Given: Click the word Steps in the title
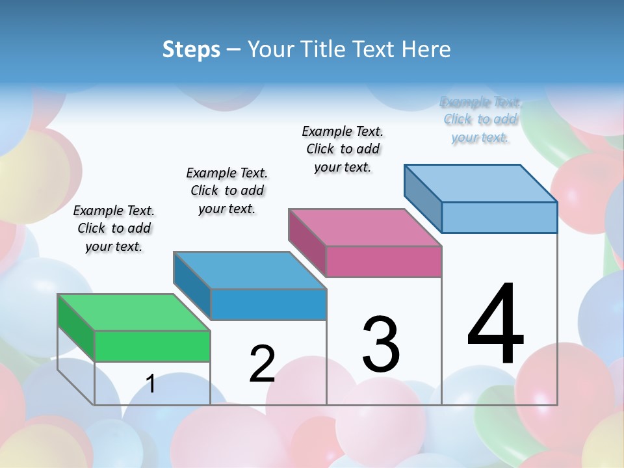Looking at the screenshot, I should point(191,49).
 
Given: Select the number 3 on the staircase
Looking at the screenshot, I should point(381,344).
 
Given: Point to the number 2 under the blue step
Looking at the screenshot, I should point(262,364).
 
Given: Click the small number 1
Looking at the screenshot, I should point(151,383).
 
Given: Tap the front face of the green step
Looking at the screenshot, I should point(152,346).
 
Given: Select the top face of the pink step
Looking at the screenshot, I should point(365,227).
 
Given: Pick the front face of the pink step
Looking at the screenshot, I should point(383,261).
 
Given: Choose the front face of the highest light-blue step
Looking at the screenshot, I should point(499,217).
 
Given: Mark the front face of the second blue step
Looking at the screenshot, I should point(268,304).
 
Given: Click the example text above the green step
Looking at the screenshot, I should point(114,228).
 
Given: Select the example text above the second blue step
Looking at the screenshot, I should point(227,190).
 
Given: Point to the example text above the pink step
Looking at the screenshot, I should point(343,149).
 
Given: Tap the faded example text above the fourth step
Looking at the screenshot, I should point(480,120).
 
